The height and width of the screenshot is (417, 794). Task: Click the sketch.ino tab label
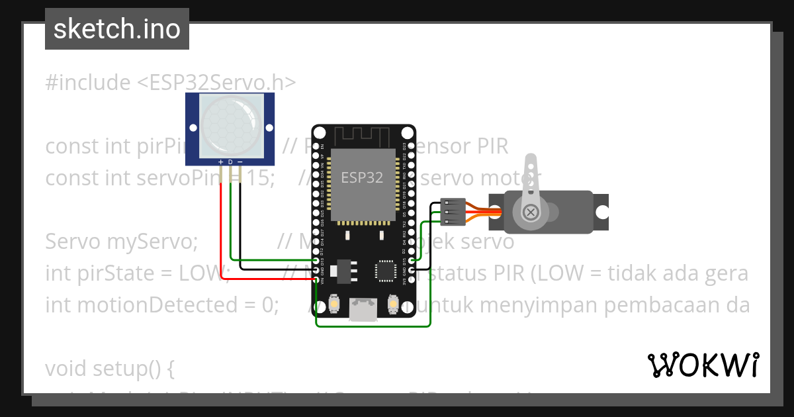pos(117,29)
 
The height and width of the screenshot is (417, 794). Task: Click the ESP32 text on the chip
pos(362,177)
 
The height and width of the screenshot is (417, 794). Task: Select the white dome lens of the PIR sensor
pos(230,124)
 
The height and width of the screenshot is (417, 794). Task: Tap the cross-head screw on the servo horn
pos(530,212)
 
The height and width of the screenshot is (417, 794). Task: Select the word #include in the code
pos(88,83)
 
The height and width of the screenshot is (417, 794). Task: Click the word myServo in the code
pos(152,242)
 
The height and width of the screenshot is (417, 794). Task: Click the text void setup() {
pos(110,369)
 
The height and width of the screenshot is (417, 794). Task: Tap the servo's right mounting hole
pos(601,212)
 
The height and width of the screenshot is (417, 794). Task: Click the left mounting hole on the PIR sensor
pos(193,128)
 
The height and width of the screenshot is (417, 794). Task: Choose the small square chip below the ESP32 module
pos(386,270)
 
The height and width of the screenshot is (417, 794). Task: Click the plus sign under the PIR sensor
pos(221,162)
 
